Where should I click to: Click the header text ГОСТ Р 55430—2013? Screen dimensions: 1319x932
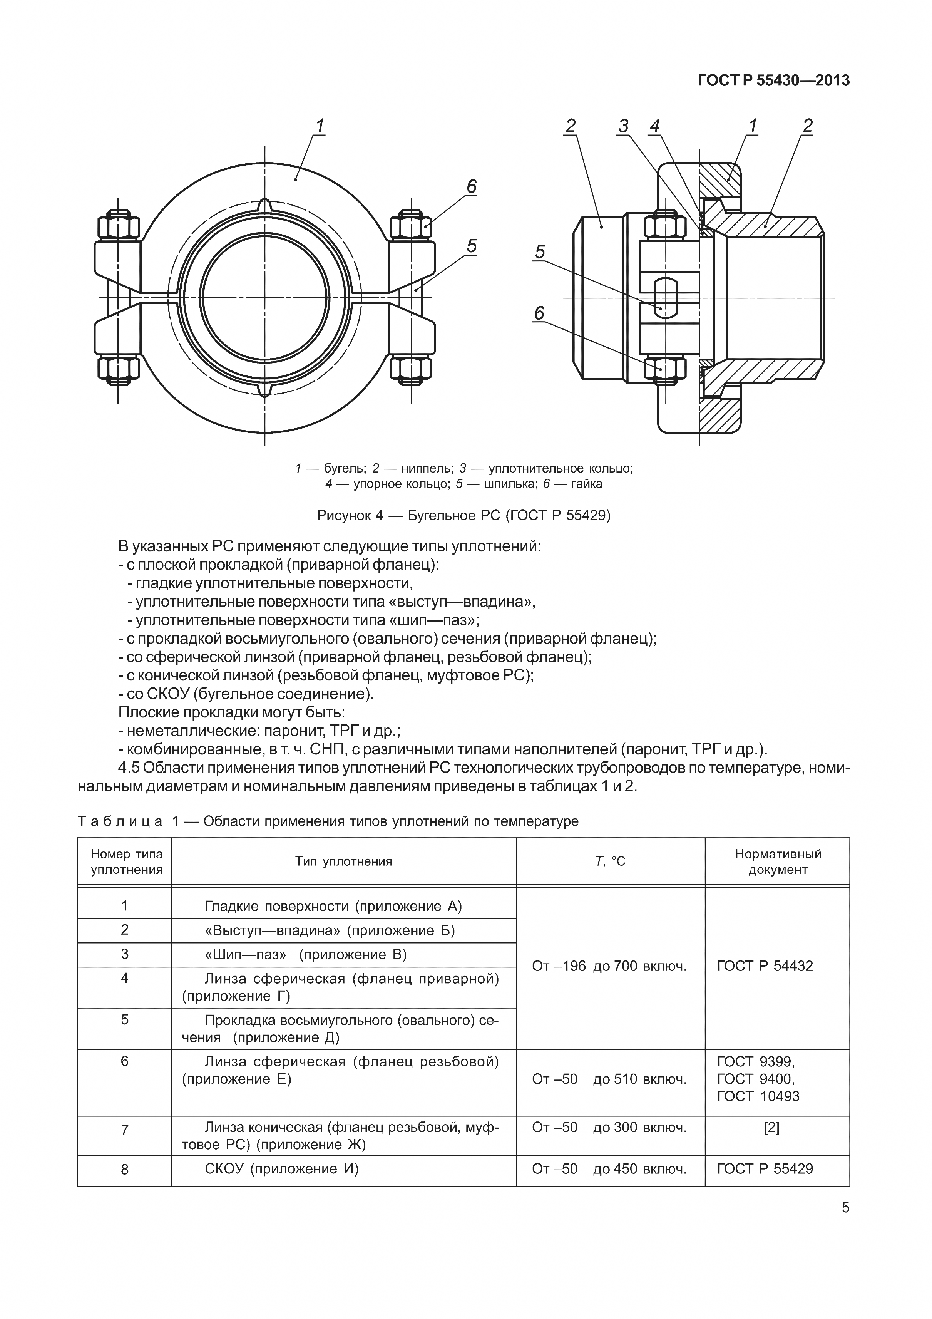point(773,80)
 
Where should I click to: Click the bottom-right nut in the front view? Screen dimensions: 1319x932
point(411,369)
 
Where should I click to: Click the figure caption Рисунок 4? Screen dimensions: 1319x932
point(463,515)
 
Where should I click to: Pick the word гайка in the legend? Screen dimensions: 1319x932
point(586,484)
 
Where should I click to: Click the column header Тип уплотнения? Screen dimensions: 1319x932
point(343,861)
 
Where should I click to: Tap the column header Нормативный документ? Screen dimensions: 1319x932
point(778,861)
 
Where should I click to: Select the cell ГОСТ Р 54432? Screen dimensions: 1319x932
point(765,966)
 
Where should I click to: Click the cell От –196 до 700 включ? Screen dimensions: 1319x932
point(609,966)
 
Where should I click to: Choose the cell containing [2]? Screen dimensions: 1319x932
point(771,1128)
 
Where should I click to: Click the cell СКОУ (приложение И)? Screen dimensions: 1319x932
point(281,1168)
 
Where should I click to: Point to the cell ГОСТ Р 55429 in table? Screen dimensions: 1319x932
point(765,1168)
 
